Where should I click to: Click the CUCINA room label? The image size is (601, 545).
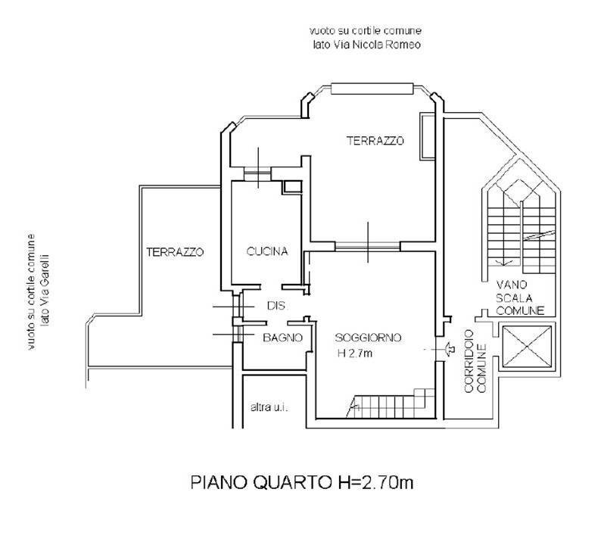click(x=266, y=252)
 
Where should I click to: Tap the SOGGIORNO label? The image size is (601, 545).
click(x=368, y=338)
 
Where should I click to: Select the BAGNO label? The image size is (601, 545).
click(x=282, y=338)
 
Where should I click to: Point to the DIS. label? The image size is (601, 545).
click(x=276, y=306)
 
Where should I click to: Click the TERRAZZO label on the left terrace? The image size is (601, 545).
click(x=175, y=252)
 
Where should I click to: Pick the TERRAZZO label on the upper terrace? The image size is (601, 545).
click(x=375, y=141)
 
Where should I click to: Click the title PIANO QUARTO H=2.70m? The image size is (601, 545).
click(x=302, y=482)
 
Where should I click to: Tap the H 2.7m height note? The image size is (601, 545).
click(x=354, y=353)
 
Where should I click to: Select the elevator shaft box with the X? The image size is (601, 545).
click(x=527, y=347)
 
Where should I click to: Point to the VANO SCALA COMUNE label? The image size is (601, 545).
click(x=520, y=297)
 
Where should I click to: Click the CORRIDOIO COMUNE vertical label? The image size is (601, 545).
click(x=475, y=361)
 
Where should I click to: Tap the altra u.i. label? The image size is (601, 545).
click(x=269, y=407)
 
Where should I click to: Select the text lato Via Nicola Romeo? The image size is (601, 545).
click(x=367, y=45)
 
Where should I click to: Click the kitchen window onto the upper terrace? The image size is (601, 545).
click(x=257, y=174)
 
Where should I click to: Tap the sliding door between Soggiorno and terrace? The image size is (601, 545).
click(x=368, y=246)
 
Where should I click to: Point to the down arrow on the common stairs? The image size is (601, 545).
click(x=505, y=262)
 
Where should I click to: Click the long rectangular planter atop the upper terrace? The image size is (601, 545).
click(x=372, y=89)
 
